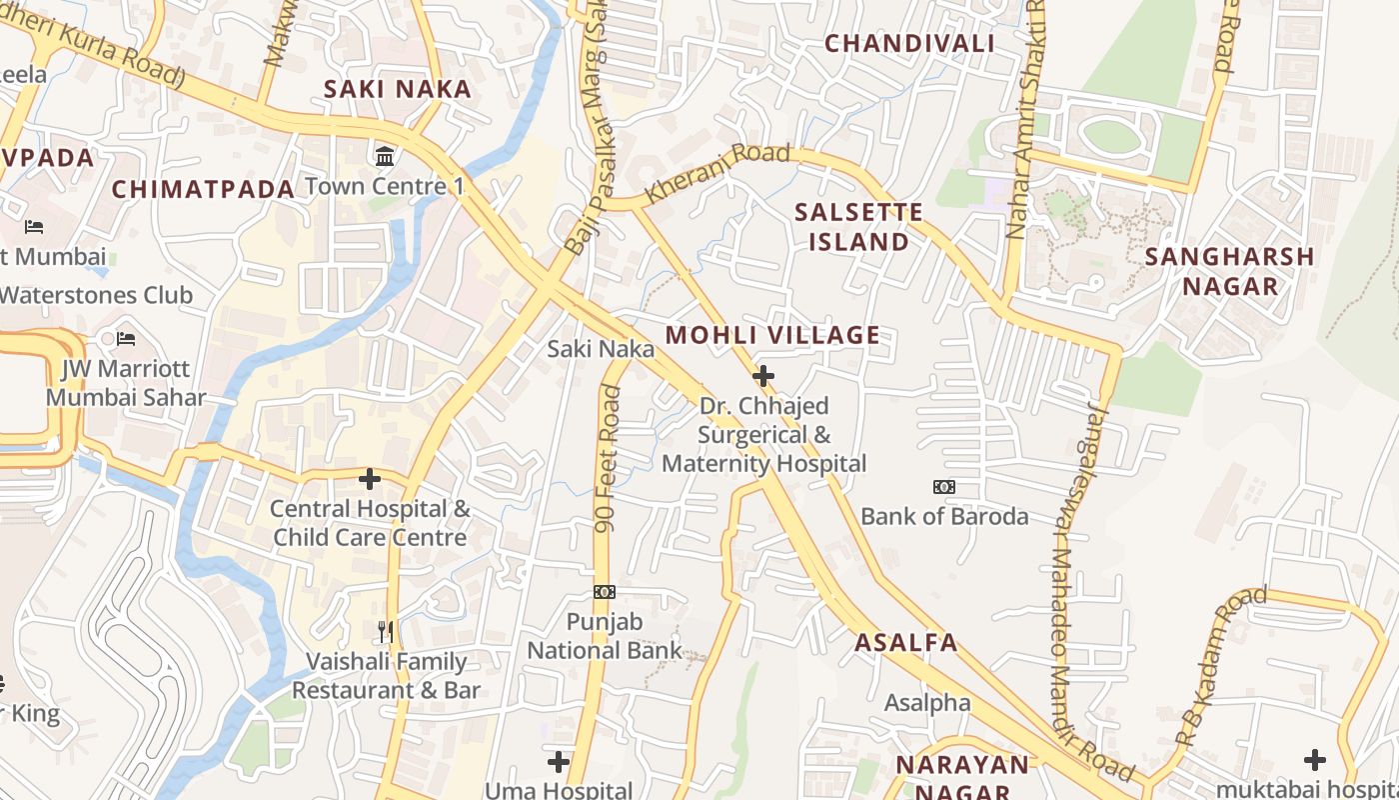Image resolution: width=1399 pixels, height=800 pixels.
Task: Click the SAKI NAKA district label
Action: tap(398, 89)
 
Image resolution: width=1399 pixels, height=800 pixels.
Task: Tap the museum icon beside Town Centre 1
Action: tap(385, 156)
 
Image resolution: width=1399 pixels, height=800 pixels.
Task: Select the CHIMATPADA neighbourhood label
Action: tap(203, 189)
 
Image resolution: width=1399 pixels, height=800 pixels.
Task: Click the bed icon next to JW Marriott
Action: tap(126, 340)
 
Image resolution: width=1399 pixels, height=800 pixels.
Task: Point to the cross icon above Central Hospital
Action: tap(370, 479)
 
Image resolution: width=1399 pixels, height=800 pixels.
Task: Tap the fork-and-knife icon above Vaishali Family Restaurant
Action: tap(386, 631)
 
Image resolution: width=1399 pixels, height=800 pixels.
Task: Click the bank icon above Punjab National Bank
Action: tap(604, 592)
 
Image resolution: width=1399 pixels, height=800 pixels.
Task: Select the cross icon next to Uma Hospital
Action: tap(559, 762)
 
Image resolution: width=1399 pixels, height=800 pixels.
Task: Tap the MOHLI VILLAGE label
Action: tap(772, 335)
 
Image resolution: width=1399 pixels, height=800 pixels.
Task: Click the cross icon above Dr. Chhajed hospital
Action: tap(763, 376)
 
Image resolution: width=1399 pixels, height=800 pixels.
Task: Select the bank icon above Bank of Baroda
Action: tap(943, 487)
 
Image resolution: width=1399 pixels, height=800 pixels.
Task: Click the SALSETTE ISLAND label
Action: tap(858, 227)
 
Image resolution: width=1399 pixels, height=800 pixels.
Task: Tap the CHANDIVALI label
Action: tap(909, 43)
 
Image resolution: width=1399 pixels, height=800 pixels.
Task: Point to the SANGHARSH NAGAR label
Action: tap(1229, 271)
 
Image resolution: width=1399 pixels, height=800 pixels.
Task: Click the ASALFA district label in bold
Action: tap(906, 643)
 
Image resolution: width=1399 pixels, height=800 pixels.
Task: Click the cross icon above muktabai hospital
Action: tap(1315, 760)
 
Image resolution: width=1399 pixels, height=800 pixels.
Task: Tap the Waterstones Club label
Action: tap(96, 295)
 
